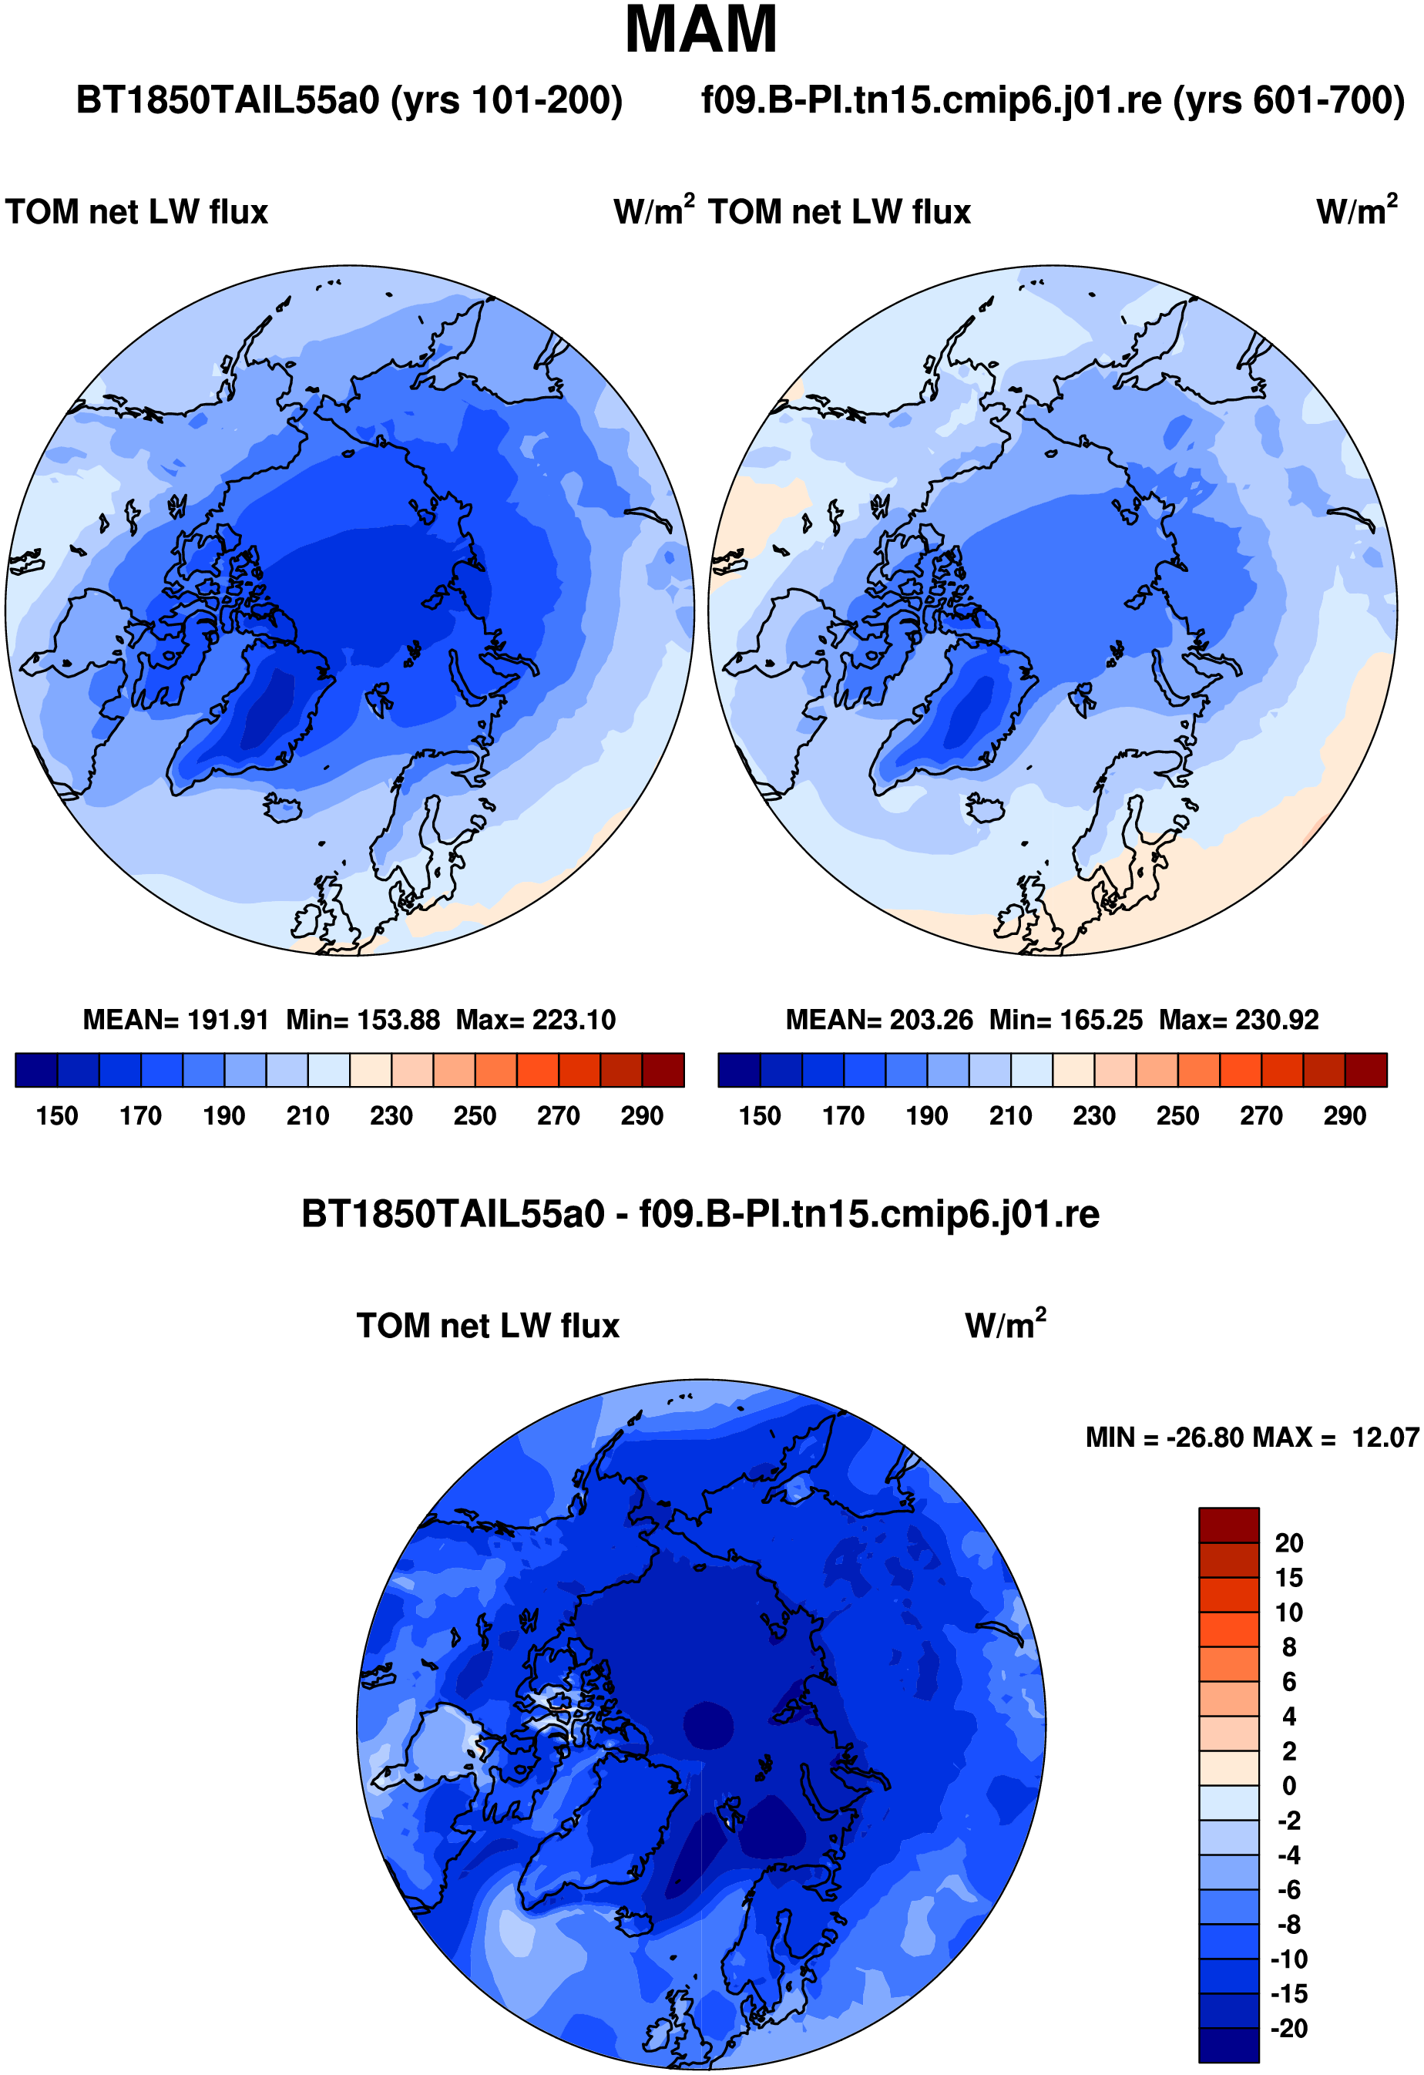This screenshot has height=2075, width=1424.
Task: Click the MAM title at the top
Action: coord(701,30)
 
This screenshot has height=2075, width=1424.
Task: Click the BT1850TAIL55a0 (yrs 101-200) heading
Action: coord(349,100)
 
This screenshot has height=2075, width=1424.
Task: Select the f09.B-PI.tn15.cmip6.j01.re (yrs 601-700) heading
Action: coord(1053,100)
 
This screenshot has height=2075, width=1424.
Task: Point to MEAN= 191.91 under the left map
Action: coord(176,1020)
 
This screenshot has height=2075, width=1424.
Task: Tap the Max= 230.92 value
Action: coord(1239,1020)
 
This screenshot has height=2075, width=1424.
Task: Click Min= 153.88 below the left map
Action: coord(364,1020)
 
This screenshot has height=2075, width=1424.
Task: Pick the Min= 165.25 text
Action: coord(1066,1020)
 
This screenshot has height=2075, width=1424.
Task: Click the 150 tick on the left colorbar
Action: coord(57,1116)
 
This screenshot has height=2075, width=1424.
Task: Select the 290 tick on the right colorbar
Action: coord(1345,1116)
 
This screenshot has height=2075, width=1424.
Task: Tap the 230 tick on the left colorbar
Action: coord(391,1116)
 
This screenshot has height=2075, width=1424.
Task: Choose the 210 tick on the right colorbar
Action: coord(1011,1116)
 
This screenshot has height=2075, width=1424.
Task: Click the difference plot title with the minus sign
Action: coord(701,1214)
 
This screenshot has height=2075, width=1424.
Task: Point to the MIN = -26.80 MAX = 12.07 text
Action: coord(1251,1438)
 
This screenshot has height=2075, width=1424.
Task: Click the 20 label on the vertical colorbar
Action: coord(1289,1543)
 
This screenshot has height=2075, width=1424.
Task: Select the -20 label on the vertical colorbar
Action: coord(1289,2029)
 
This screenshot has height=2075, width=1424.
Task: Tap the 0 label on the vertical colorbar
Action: coord(1289,1786)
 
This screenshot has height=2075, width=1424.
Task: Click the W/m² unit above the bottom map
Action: coord(1006,1324)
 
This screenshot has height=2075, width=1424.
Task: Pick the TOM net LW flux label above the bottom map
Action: coord(488,1326)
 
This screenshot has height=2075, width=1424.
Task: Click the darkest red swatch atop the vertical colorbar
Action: coord(1228,1525)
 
